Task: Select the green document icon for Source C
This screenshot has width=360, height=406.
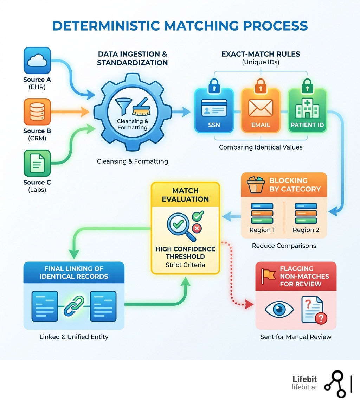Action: tap(37, 163)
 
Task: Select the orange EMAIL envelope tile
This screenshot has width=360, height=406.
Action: tap(261, 110)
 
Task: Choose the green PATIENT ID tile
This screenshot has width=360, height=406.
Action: tap(307, 110)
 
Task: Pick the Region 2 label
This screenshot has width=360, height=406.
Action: tap(306, 230)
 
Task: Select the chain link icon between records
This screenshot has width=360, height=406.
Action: tap(74, 305)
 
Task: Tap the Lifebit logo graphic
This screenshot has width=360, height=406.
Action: tap(337, 384)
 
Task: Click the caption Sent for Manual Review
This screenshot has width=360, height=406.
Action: tap(296, 337)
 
